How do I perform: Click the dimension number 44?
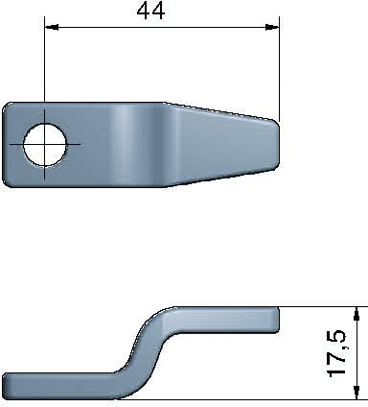[150, 12]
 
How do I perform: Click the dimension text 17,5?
[336, 353]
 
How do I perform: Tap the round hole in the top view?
[45, 145]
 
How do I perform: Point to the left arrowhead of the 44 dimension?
[52, 28]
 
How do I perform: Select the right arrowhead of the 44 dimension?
[272, 28]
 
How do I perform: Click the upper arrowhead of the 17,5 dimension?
[356, 313]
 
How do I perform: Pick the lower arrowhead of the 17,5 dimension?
[356, 393]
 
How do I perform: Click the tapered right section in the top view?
[222, 145]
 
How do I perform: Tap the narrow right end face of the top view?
[277, 145]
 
